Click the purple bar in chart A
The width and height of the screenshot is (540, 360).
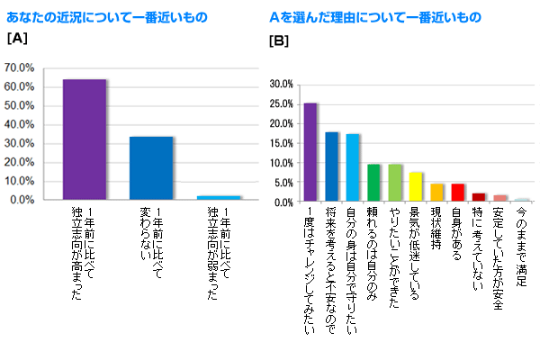pyautogui.click(x=85, y=139)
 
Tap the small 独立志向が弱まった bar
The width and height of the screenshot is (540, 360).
pyautogui.click(x=219, y=197)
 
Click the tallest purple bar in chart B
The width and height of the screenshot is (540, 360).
pyautogui.click(x=310, y=152)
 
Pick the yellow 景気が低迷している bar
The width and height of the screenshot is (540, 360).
pyautogui.click(x=416, y=187)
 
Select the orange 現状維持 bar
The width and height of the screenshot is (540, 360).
pyautogui.click(x=437, y=193)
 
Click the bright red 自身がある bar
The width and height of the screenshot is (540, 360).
pyautogui.click(x=458, y=193)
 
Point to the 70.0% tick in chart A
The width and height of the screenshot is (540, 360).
pyautogui.click(x=19, y=67)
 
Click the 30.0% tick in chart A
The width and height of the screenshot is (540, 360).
pyautogui.click(x=19, y=143)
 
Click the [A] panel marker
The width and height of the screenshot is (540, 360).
pyautogui.click(x=15, y=40)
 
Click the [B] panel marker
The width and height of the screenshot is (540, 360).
pyautogui.click(x=279, y=41)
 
